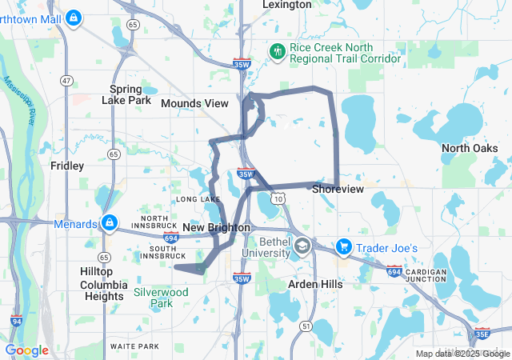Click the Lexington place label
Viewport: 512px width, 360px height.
tap(287, 5)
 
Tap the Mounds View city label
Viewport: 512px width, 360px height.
tap(194, 103)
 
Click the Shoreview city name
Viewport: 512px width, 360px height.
tap(338, 189)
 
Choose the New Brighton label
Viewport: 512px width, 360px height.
tap(217, 228)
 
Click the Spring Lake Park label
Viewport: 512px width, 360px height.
tap(126, 94)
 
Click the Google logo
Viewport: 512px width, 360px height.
tap(27, 350)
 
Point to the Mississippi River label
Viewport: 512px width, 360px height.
tap(19, 101)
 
